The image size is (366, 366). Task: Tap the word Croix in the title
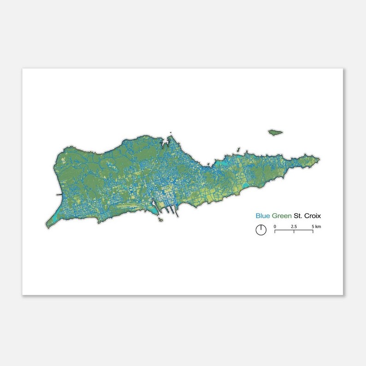pyautogui.click(x=312, y=215)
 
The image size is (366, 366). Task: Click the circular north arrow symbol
pyautogui.click(x=261, y=230)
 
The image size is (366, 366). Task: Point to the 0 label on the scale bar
pyautogui.click(x=275, y=226)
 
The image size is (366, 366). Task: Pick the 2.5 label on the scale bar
pyautogui.click(x=294, y=226)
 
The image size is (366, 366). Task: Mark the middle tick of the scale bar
pyautogui.click(x=294, y=230)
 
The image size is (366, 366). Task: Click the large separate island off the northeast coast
pyautogui.click(x=275, y=132)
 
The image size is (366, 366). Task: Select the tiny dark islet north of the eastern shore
pyautogui.click(x=237, y=150)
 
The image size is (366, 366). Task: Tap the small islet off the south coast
pyautogui.click(x=160, y=219)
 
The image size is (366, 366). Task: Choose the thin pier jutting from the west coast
pyautogui.click(x=59, y=195)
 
